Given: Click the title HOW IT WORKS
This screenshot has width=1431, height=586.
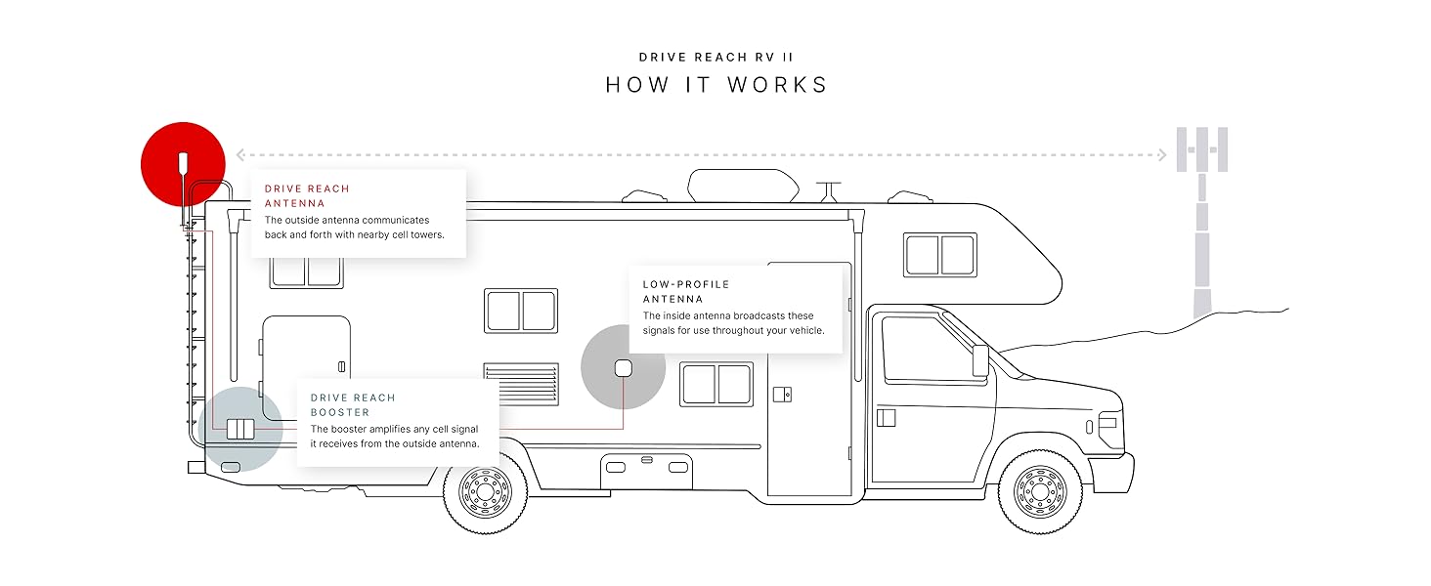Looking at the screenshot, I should (x=715, y=85).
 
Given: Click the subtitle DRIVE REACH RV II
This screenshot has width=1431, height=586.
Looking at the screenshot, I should (x=715, y=57).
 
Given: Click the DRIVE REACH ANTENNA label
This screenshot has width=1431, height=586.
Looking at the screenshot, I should (x=307, y=195).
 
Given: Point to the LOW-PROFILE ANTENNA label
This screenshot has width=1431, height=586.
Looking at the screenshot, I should (x=686, y=291).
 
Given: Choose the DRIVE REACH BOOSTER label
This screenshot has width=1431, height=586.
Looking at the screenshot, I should (x=353, y=404).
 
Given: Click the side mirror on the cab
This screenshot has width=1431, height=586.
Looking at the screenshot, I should (x=980, y=359).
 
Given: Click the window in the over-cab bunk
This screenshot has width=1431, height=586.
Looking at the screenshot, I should (x=940, y=254).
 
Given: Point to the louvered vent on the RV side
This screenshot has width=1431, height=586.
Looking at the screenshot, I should (x=521, y=386).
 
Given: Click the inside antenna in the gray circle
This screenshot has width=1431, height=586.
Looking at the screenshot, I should (x=623, y=369).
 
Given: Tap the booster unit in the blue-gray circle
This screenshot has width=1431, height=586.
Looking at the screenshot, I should (x=240, y=429).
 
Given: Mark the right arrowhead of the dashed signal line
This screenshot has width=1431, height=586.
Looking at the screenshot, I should (x=1162, y=154).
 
